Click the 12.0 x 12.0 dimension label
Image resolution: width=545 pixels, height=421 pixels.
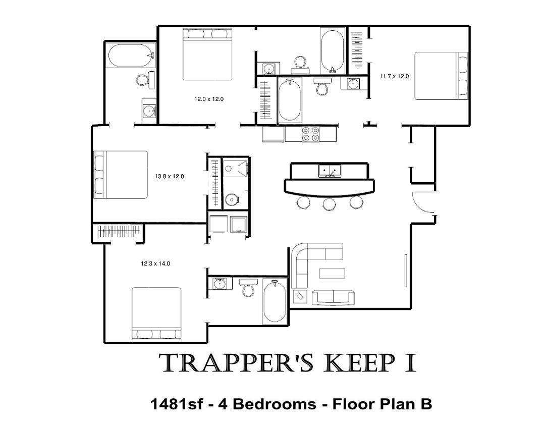[x=209, y=99]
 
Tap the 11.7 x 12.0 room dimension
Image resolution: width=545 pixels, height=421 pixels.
[x=394, y=76]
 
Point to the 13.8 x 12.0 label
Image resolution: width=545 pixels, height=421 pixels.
[x=169, y=176]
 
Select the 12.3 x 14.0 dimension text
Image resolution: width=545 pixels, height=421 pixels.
[x=155, y=264]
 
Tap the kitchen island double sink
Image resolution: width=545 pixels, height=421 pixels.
[x=330, y=171]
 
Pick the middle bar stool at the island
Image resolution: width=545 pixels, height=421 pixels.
[x=329, y=203]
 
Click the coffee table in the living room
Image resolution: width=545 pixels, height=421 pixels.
[x=332, y=274]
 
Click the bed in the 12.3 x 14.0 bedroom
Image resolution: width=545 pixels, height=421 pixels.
[x=156, y=314]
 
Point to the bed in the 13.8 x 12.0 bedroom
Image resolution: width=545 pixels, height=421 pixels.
[x=121, y=175]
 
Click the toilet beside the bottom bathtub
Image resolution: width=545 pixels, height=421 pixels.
[x=248, y=287]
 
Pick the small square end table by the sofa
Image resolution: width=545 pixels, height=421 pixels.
[x=300, y=297]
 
